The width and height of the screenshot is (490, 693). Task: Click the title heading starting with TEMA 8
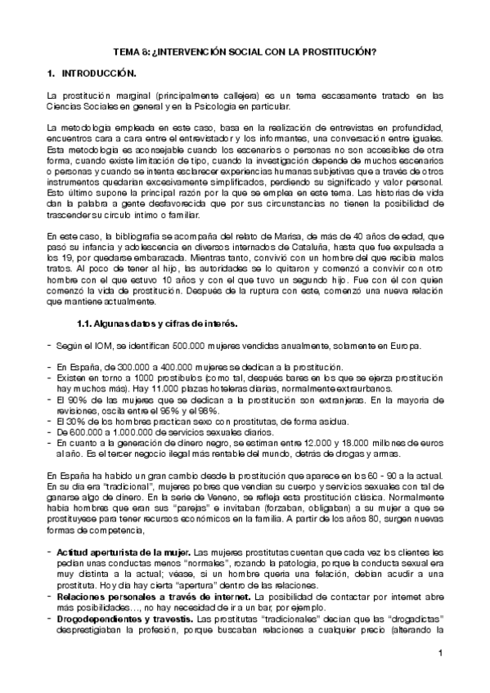(x=245, y=51)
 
